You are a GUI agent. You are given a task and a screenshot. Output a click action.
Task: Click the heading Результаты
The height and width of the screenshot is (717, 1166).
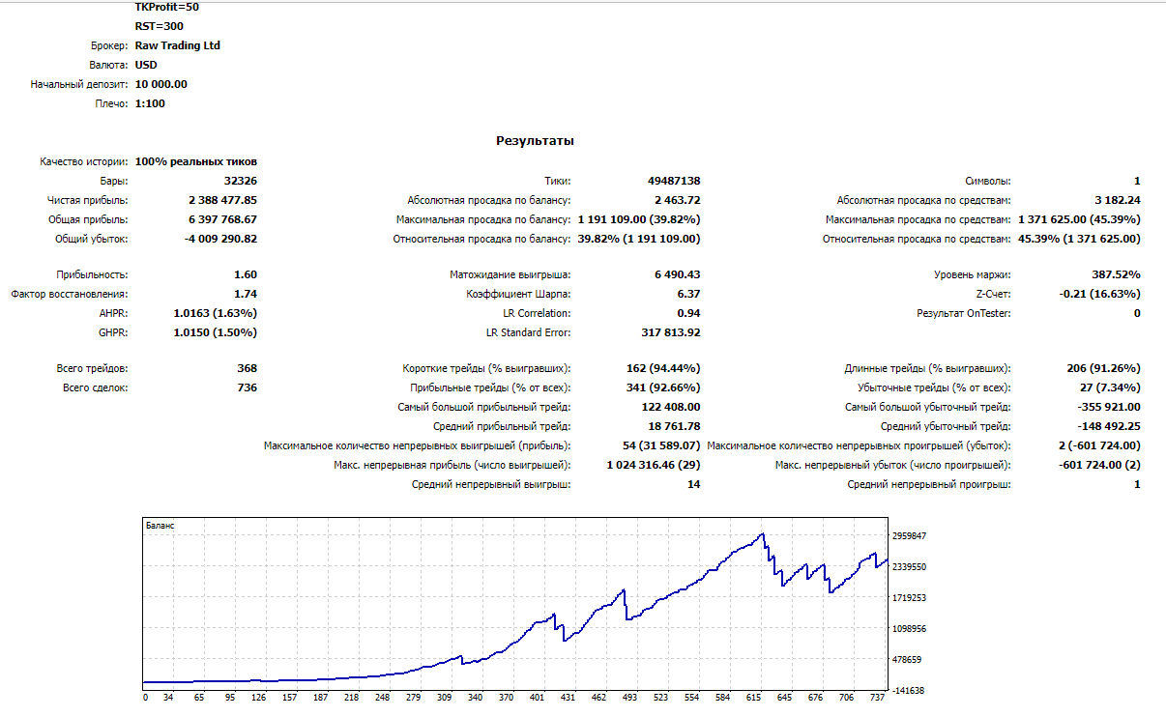(535, 140)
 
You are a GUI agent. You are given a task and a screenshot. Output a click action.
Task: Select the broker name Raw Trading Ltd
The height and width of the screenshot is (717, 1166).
(178, 45)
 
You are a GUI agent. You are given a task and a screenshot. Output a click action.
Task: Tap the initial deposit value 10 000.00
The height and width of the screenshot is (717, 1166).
(160, 84)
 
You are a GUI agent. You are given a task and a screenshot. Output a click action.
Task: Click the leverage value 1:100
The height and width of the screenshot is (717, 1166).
(150, 103)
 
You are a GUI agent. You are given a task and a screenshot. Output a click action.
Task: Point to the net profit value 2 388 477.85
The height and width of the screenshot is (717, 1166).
(222, 200)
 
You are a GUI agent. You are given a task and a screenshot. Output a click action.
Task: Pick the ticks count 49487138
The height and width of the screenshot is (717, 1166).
(674, 181)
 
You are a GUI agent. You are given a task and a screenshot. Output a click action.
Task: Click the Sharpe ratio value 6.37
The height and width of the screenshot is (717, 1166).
(688, 294)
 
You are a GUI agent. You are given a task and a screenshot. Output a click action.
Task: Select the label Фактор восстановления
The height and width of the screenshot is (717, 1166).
(70, 294)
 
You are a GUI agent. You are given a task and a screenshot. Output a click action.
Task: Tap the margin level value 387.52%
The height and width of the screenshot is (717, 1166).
(1116, 274)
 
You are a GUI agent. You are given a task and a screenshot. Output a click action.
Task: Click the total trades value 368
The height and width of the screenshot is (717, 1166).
(248, 368)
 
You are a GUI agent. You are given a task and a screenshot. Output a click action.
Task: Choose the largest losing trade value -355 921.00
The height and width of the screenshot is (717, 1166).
(1109, 407)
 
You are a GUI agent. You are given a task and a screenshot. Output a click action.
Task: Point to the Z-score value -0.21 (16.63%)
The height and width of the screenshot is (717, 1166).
(1099, 294)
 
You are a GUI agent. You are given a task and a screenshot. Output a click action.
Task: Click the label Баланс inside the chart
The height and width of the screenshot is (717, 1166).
(160, 526)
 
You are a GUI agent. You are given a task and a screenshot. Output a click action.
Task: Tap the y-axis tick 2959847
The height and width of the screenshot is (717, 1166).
(910, 536)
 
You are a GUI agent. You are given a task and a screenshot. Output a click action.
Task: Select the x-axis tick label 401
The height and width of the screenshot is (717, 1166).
(537, 698)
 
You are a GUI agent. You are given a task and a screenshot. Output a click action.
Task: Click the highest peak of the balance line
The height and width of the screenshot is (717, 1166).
(763, 533)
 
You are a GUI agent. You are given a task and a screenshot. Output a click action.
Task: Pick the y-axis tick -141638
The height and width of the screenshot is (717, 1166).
(908, 691)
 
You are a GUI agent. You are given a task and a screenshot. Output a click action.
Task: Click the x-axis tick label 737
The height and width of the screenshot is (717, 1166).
(877, 698)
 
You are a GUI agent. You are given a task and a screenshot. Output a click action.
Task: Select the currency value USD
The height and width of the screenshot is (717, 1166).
(146, 65)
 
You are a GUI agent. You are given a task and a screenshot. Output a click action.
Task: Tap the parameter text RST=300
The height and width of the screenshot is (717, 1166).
(159, 26)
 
